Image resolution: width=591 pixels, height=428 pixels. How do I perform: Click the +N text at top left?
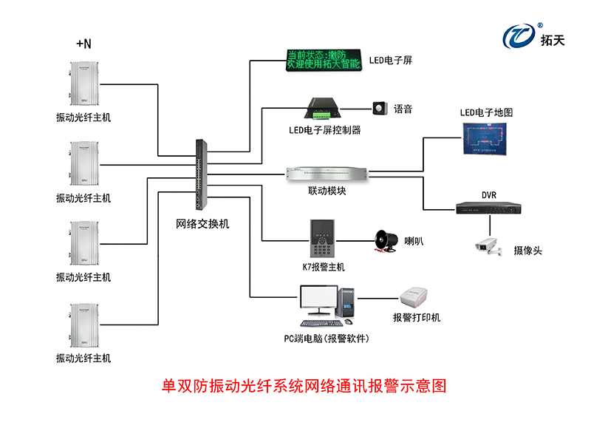[x=83, y=44]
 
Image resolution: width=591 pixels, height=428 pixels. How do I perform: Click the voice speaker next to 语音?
[x=380, y=109]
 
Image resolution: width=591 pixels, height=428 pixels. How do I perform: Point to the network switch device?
[x=202, y=175]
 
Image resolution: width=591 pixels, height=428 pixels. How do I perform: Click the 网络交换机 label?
[x=202, y=223]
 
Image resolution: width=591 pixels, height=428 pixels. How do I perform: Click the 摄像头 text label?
[x=527, y=251]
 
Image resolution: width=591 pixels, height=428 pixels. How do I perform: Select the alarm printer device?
[x=416, y=298]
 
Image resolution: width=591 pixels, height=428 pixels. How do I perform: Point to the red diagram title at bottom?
[x=304, y=386]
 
